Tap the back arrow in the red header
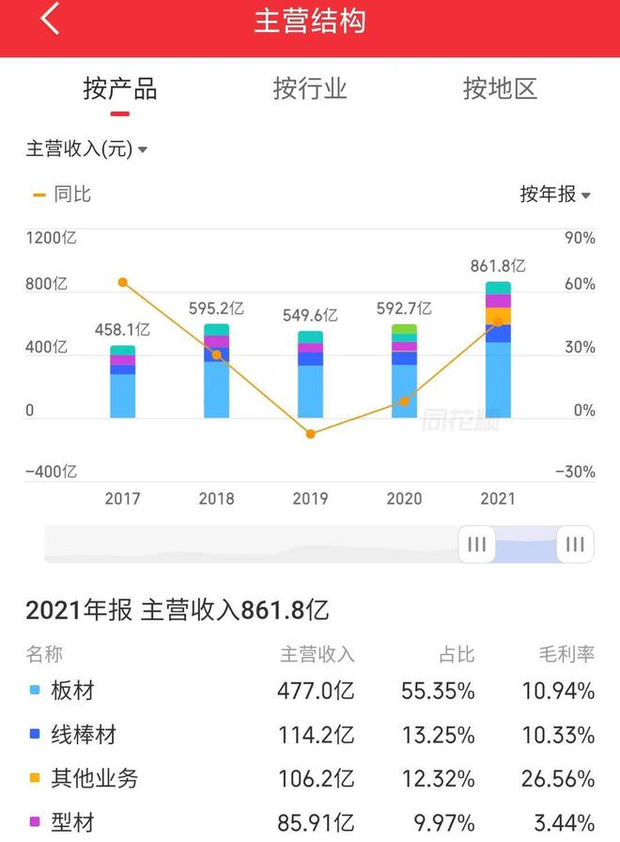pyautogui.click(x=50, y=20)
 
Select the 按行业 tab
pyautogui.click(x=310, y=89)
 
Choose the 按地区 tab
pyautogui.click(x=500, y=89)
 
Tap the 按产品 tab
pyautogui.click(x=119, y=89)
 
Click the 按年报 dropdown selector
pyautogui.click(x=555, y=195)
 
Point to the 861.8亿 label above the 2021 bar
pyautogui.click(x=498, y=266)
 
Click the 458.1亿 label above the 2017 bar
pyautogui.click(x=122, y=330)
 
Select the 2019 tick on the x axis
pyautogui.click(x=310, y=498)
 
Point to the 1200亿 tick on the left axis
pyautogui.click(x=51, y=239)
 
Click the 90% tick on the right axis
pyautogui.click(x=580, y=239)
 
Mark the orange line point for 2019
pyautogui.click(x=310, y=433)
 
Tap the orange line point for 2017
pyautogui.click(x=122, y=282)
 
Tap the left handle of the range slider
pyautogui.click(x=476, y=544)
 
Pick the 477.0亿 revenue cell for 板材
pyautogui.click(x=316, y=692)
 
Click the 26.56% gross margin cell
pyautogui.click(x=558, y=778)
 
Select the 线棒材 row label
pyautogui.click(x=84, y=735)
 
